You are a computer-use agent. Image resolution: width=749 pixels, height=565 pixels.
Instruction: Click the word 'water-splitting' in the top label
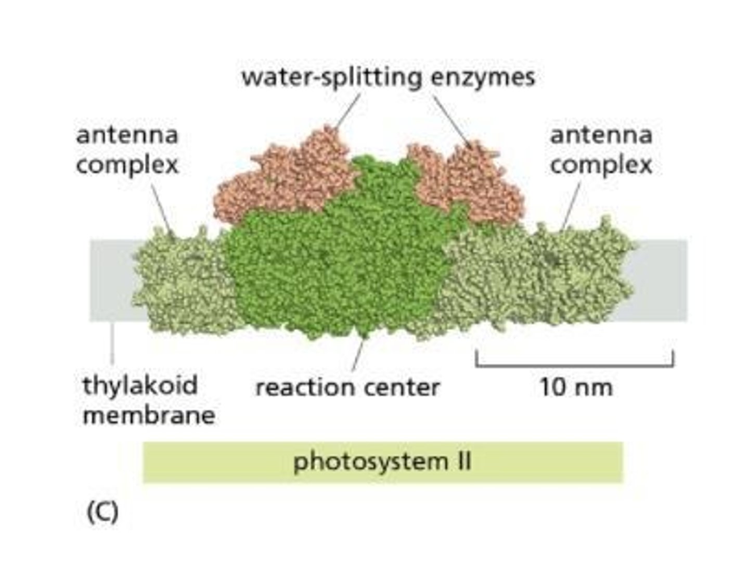pos(331,78)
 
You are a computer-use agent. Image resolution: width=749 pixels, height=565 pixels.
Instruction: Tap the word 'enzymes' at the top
pos(483,78)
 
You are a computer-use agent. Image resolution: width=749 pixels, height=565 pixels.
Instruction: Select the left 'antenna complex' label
pos(127,150)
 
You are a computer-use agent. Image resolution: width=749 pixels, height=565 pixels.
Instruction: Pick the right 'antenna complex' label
pos(601,150)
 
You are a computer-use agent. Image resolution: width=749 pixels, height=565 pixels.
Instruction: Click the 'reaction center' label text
pos(347,388)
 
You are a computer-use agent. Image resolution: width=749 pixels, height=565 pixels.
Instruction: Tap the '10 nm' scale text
pos(576,388)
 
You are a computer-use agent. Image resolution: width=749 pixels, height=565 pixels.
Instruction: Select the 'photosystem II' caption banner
pos(382,462)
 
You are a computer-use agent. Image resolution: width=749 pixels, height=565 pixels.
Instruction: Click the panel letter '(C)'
pos(102,513)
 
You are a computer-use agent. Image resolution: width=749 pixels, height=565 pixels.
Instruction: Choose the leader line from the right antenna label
pos(571,206)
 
